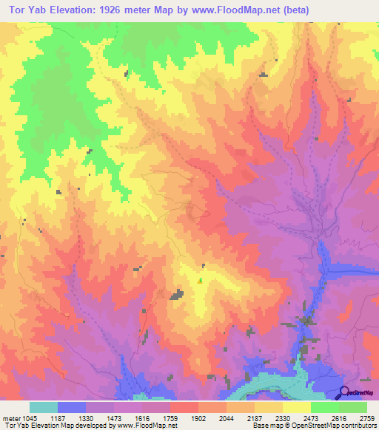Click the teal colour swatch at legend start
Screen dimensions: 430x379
coord(43,407)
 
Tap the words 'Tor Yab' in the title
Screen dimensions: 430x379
coord(28,10)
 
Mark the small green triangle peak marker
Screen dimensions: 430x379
coord(200,280)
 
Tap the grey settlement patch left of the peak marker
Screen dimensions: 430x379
coord(177,295)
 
